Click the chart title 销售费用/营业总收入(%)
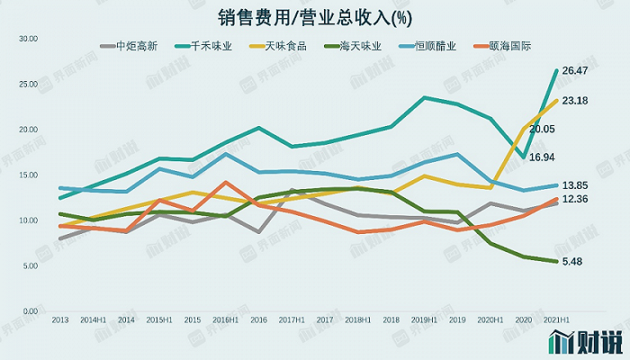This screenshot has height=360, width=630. point(314,17)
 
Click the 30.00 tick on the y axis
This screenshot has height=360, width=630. point(27,39)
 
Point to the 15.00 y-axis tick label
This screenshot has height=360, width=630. point(27,175)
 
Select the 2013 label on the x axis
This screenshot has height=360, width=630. point(60,320)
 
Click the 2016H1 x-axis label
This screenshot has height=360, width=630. point(225,320)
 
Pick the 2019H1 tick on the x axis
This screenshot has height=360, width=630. point(423,320)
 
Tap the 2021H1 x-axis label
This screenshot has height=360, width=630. point(555,320)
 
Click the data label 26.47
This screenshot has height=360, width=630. point(574,70)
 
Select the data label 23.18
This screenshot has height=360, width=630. point(574,101)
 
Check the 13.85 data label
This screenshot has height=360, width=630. point(574,184)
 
